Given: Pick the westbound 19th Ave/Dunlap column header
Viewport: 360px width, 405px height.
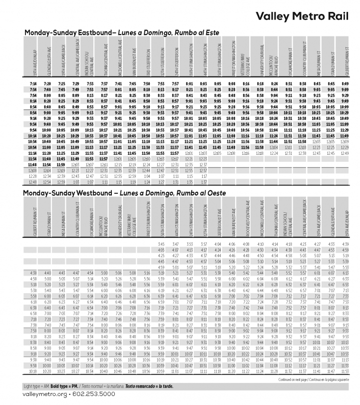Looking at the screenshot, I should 346,220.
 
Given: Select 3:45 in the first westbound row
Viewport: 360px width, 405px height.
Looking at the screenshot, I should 161,243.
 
